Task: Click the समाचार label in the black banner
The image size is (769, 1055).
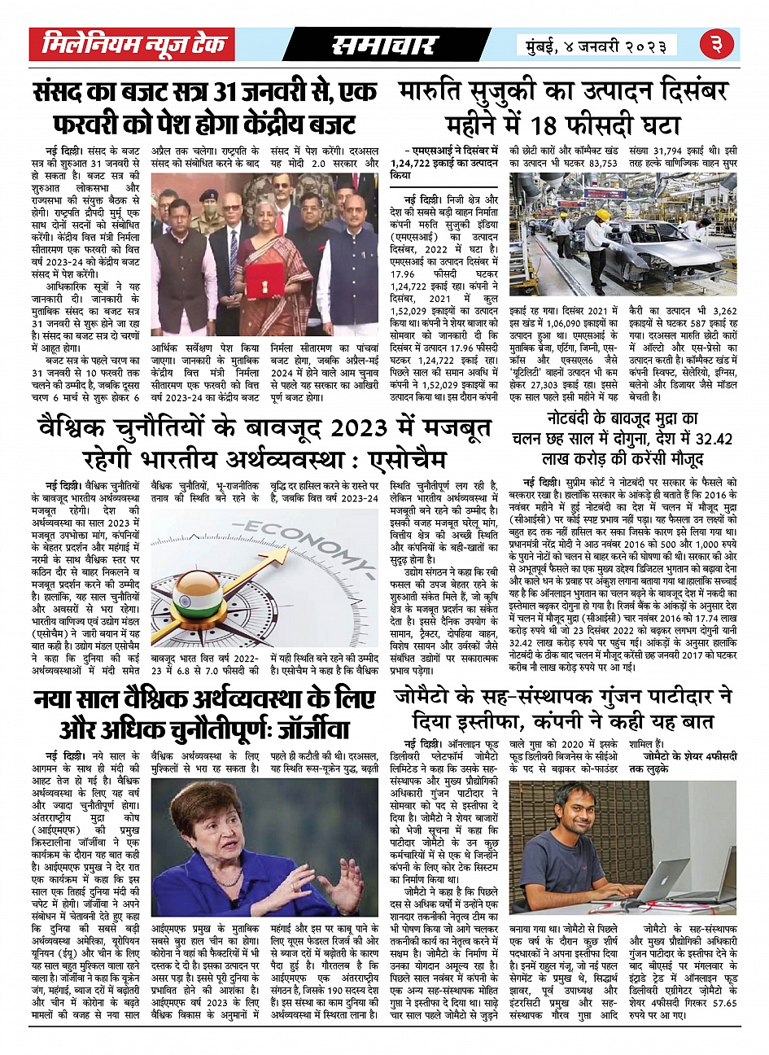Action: click(384, 46)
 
